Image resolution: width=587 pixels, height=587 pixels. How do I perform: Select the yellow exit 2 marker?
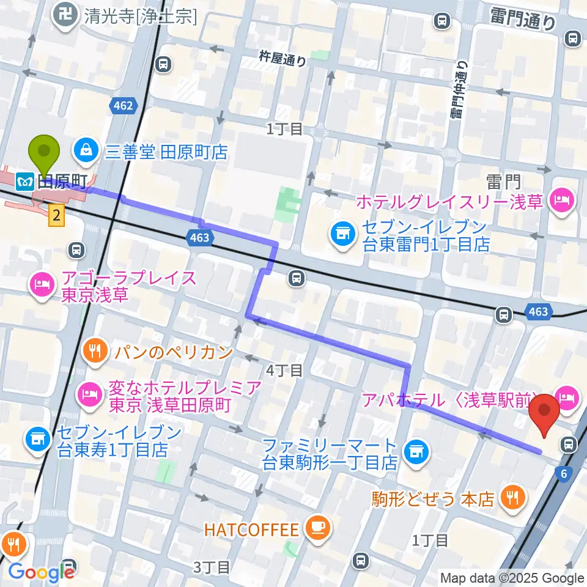click(56, 215)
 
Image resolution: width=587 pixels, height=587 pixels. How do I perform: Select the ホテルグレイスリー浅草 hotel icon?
click(561, 199)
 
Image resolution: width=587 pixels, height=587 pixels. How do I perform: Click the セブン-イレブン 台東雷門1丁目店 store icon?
click(341, 233)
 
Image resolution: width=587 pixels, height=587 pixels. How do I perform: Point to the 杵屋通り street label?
click(282, 58)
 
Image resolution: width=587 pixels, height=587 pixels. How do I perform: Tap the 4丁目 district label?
click(284, 369)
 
